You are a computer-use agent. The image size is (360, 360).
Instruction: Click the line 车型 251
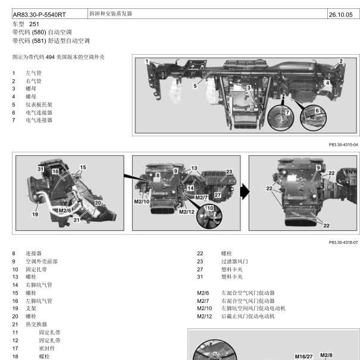[26, 24]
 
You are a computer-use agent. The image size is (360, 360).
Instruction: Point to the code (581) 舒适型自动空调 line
[51, 40]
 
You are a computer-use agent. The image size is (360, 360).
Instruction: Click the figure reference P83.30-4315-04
[343, 144]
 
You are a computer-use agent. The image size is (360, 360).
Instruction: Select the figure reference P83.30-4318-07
[343, 242]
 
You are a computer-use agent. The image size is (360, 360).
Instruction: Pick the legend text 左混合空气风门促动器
[248, 293]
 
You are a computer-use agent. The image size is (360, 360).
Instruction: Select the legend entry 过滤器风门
[234, 261]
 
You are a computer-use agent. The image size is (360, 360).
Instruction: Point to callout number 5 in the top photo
[195, 86]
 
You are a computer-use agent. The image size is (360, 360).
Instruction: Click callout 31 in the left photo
[40, 169]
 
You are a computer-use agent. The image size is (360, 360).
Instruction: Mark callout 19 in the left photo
[35, 214]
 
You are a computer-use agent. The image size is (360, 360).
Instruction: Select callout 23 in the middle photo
[229, 171]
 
